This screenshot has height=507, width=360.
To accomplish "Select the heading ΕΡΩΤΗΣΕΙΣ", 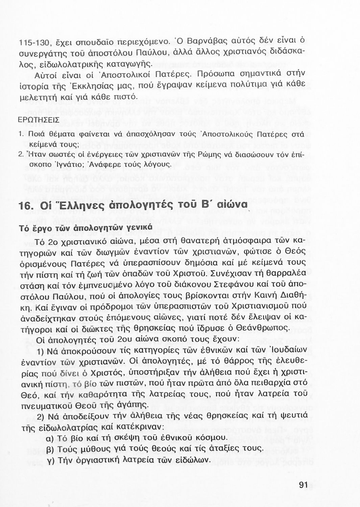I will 39,120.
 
